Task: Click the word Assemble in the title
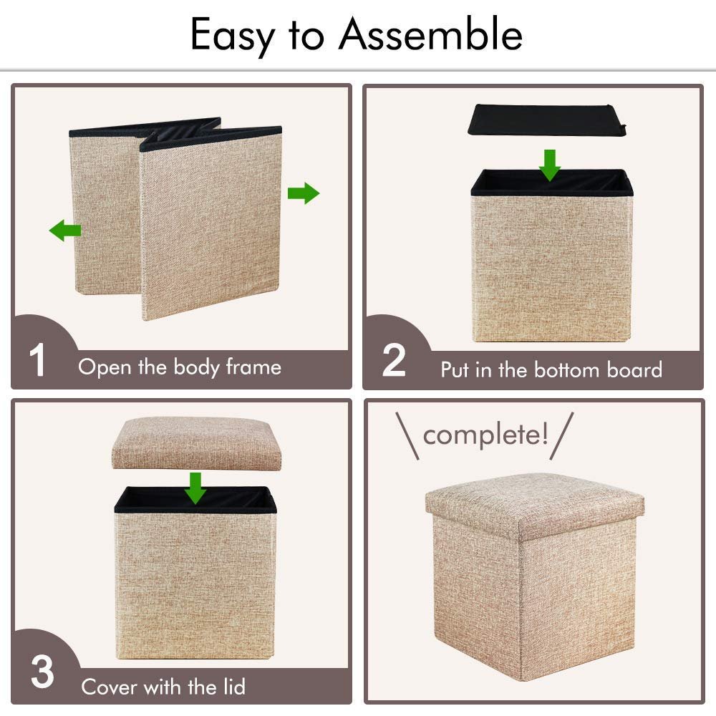pyautogui.click(x=430, y=34)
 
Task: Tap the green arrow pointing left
pyautogui.click(x=65, y=230)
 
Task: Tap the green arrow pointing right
pyautogui.click(x=304, y=193)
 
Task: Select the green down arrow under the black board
pyautogui.click(x=550, y=165)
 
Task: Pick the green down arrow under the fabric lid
pyautogui.click(x=195, y=488)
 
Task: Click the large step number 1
pyautogui.click(x=37, y=360)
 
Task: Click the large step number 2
pyautogui.click(x=394, y=360)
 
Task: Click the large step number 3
pyautogui.click(x=42, y=672)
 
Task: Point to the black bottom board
pyautogui.click(x=547, y=120)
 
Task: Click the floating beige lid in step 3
pyautogui.click(x=196, y=443)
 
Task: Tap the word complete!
pyautogui.click(x=485, y=435)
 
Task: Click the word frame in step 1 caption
pyautogui.click(x=253, y=367)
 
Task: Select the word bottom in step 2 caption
pyautogui.click(x=566, y=370)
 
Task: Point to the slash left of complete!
pyautogui.click(x=407, y=435)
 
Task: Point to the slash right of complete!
pyautogui.click(x=561, y=435)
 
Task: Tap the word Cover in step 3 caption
pyautogui.click(x=109, y=687)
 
